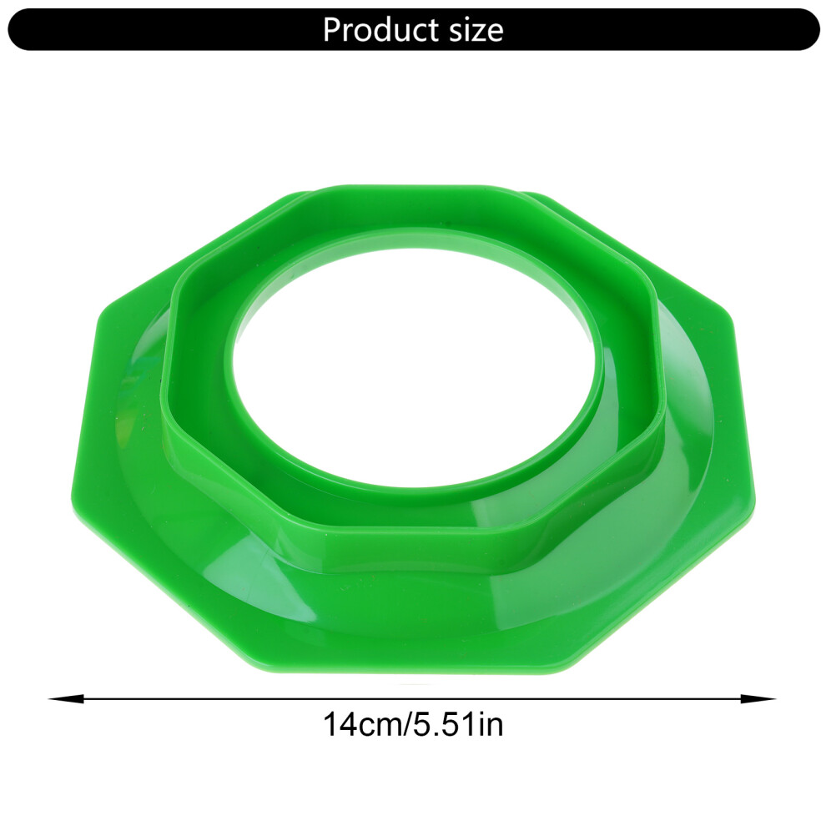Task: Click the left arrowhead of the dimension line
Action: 67,699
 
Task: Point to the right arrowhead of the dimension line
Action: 758,699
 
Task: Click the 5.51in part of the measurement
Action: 458,724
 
